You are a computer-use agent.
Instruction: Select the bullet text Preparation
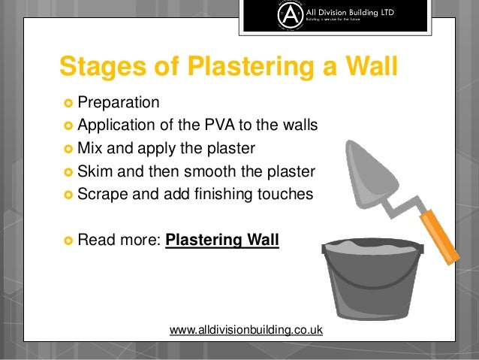point(118,101)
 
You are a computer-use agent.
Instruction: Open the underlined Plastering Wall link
point(221,241)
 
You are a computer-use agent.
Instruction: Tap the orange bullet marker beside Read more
point(67,241)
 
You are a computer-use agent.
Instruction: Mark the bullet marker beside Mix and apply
point(67,148)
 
